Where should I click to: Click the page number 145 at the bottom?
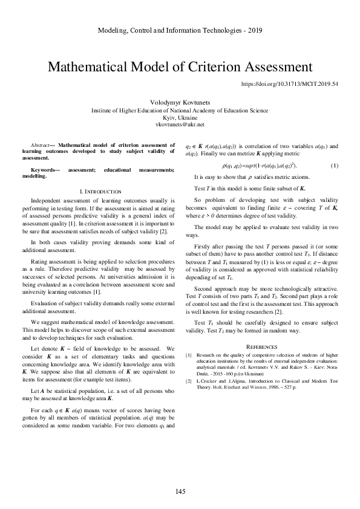click(x=180, y=490)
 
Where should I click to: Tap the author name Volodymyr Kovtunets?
click(x=180, y=103)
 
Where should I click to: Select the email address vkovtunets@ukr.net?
click(x=180, y=124)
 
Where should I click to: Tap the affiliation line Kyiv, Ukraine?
click(x=180, y=117)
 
